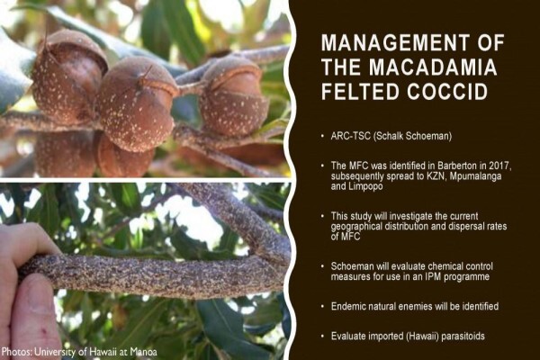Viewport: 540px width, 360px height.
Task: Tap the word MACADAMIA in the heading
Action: (x=433, y=67)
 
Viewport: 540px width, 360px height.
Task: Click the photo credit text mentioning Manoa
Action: (x=79, y=352)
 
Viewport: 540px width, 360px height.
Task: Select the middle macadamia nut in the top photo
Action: (x=137, y=103)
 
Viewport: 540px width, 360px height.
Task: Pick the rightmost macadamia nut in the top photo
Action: (x=233, y=96)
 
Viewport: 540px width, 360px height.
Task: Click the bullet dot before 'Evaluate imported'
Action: (x=323, y=337)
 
